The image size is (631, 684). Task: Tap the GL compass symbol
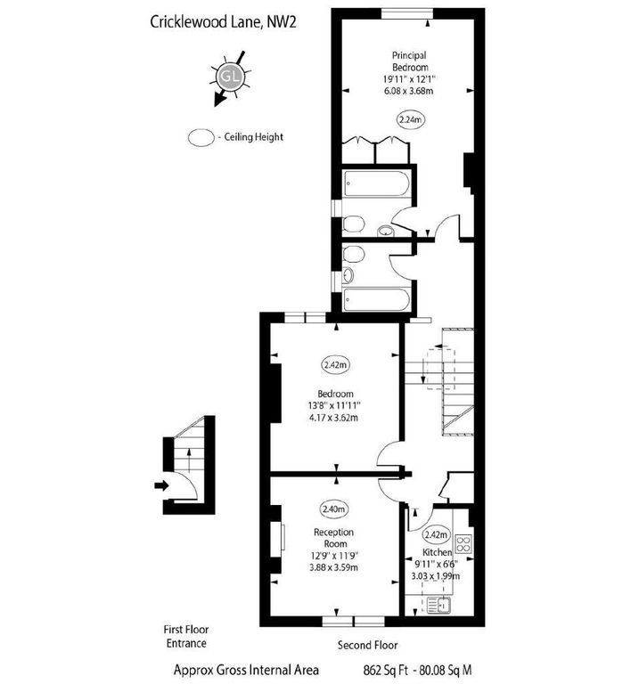pyautogui.click(x=231, y=75)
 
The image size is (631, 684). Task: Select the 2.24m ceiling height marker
pyautogui.click(x=410, y=119)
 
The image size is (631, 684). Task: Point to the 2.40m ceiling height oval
pyautogui.click(x=334, y=509)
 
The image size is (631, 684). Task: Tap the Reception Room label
pyautogui.click(x=334, y=538)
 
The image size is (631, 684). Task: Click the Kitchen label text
pyautogui.click(x=438, y=552)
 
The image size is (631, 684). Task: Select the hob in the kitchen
pyautogui.click(x=464, y=542)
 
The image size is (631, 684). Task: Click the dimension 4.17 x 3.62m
pyautogui.click(x=336, y=417)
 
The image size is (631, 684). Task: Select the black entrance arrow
pyautogui.click(x=160, y=485)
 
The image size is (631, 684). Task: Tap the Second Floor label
pyautogui.click(x=367, y=645)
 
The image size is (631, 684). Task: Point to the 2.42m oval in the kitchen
pyautogui.click(x=436, y=535)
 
